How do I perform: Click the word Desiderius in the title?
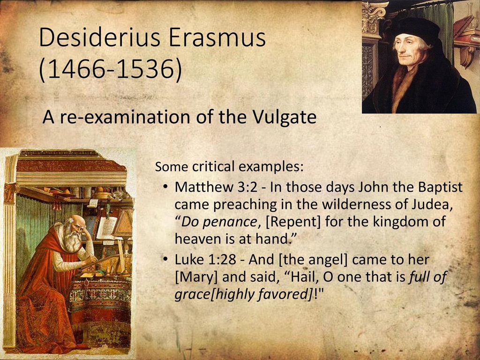tap(99, 37)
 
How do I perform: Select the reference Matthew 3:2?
tap(216, 187)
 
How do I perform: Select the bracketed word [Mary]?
tap(196, 277)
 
